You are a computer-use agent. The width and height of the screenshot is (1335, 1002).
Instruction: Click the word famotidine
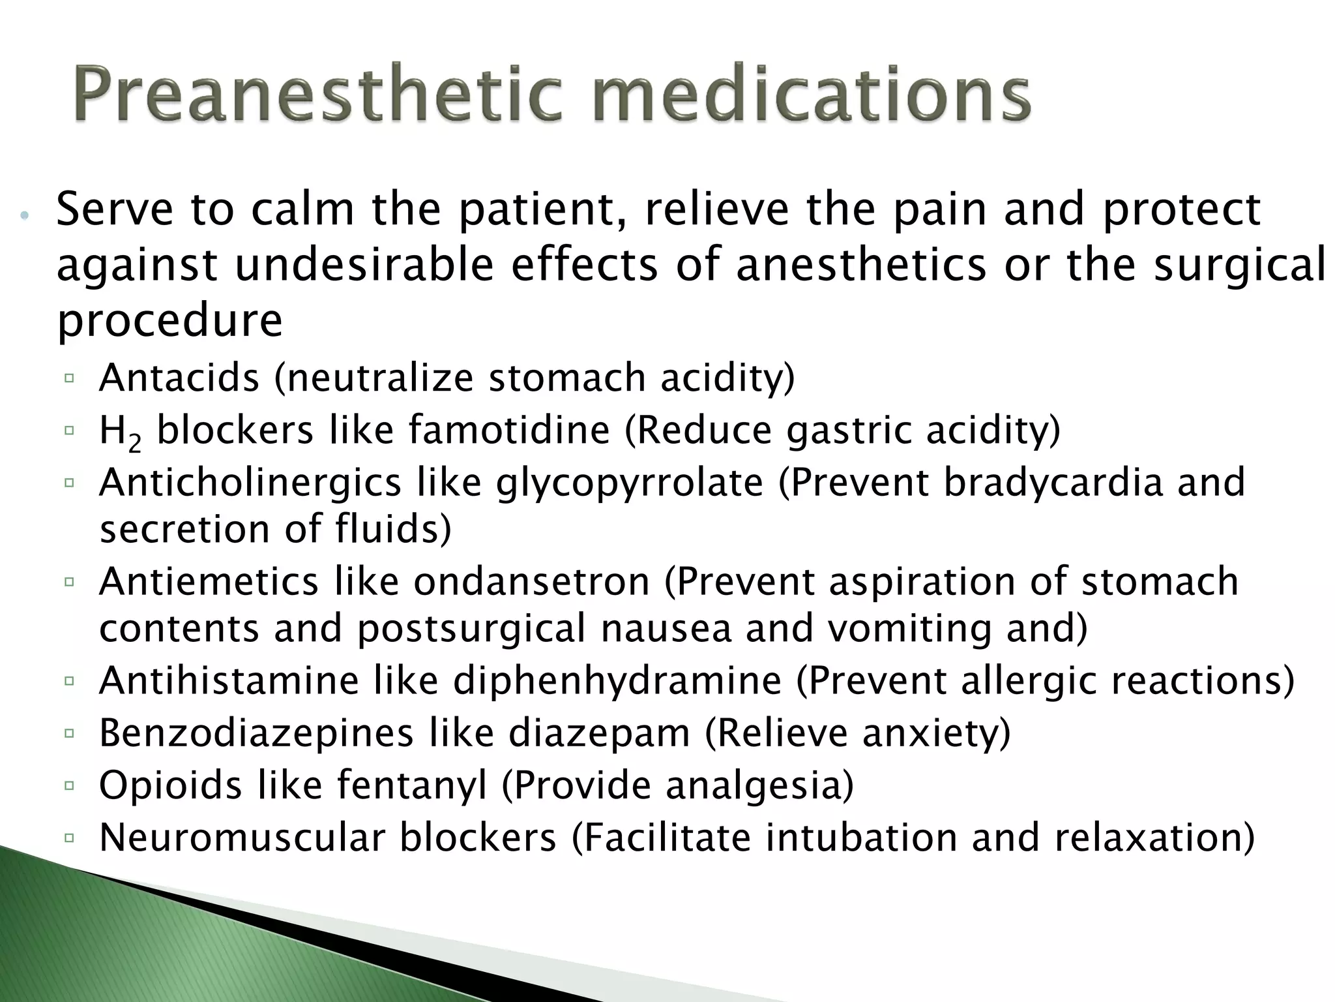point(510,431)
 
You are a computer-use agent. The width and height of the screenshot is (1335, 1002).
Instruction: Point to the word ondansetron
point(532,582)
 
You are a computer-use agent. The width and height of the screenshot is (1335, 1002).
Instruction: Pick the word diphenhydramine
point(617,681)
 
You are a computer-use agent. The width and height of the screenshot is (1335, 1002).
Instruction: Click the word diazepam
point(599,733)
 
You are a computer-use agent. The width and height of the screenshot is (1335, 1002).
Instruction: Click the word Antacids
point(179,378)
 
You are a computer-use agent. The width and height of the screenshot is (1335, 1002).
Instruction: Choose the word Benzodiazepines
point(256,733)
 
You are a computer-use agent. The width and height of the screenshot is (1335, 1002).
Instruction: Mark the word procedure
point(169,321)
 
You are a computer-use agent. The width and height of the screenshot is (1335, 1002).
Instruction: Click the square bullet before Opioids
point(70,786)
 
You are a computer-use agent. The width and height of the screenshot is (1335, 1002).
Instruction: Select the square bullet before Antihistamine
point(70,682)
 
